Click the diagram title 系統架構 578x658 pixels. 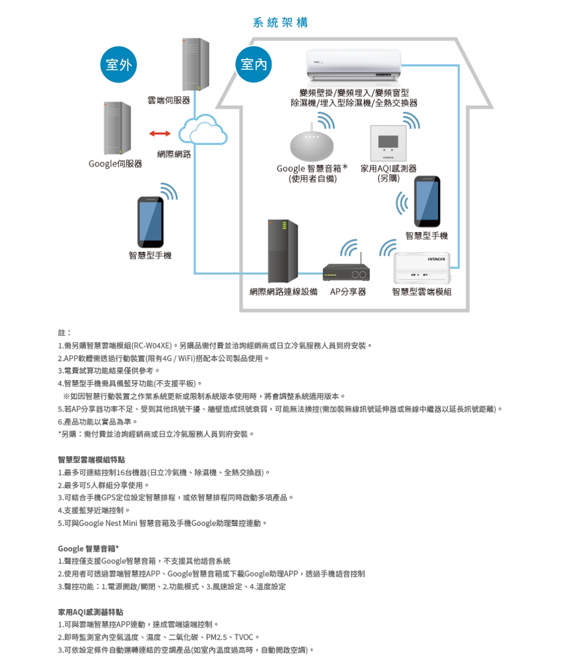click(280, 22)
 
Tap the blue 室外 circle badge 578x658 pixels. click(118, 64)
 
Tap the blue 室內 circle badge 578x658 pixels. click(253, 64)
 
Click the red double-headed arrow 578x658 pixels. click(160, 134)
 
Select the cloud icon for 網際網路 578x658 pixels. click(203, 130)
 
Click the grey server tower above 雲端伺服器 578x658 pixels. click(195, 64)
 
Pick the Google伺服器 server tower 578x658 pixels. click(117, 128)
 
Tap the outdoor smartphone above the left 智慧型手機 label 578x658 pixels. click(151, 222)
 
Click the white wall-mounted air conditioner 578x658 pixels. click(354, 65)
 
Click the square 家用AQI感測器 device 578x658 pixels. click(388, 143)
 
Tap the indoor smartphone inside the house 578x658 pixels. click(427, 201)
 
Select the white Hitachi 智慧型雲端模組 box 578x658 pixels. click(421, 268)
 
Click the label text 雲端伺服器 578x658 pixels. click(169, 100)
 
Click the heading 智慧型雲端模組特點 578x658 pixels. click(91, 460)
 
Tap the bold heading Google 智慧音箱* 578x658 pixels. click(88, 549)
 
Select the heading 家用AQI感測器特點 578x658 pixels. click(91, 612)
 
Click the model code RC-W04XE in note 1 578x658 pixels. click(152, 346)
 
